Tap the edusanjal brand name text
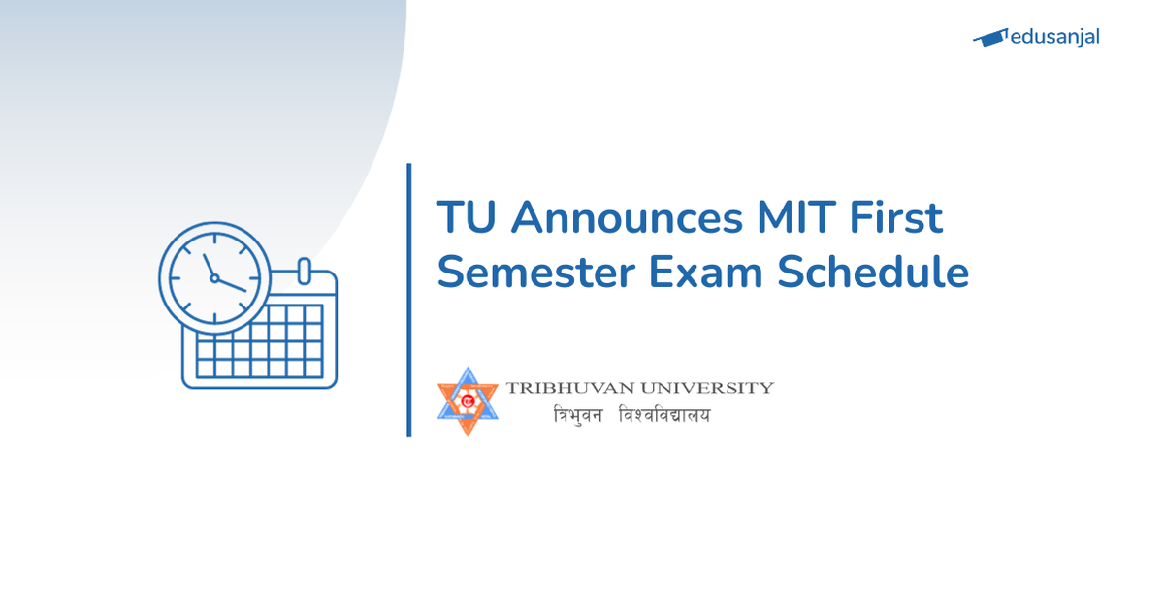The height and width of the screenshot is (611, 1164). tap(1054, 38)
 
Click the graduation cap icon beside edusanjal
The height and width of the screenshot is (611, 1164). tap(990, 38)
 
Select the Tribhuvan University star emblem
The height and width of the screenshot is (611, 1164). tap(468, 401)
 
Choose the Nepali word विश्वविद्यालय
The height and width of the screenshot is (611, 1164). tap(664, 416)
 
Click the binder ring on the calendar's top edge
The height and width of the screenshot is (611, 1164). tap(303, 270)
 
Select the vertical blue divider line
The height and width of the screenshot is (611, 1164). tap(409, 301)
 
